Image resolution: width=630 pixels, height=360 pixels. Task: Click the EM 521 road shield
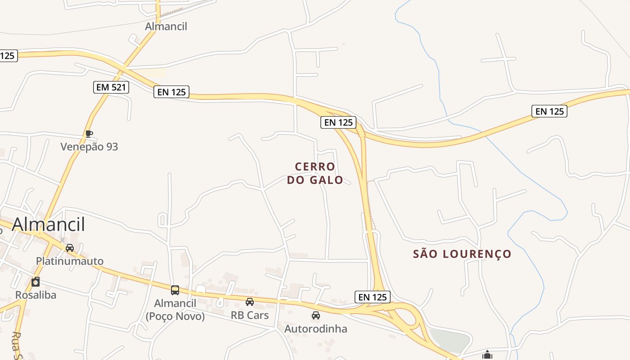111,87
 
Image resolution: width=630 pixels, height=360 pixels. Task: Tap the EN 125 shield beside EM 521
171,92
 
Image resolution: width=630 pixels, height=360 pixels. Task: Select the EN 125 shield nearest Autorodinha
372,297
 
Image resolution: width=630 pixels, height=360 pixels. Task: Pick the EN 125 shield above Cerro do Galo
338,122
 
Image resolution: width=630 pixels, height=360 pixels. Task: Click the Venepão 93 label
89,147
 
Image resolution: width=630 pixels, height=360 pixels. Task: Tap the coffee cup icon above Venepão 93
89,134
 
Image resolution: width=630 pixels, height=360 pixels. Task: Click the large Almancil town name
49,224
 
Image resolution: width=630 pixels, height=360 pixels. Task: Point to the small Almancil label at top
166,27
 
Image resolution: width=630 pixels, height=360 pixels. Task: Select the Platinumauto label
70,261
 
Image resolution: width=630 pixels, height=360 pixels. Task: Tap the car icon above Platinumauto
70,248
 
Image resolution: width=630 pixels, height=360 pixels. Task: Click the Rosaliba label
35,295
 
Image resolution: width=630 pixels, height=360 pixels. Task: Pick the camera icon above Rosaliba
36,282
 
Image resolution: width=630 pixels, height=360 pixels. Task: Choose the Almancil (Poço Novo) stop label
175,310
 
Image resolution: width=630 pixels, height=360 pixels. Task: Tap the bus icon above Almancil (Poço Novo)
175,290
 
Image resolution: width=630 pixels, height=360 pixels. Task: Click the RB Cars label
250,315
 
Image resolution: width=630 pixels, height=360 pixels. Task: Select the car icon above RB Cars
250,302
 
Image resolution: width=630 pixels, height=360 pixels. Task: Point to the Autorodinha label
316,328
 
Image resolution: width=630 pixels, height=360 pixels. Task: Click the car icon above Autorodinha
316,315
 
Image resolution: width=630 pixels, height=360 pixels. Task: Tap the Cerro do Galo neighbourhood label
315,173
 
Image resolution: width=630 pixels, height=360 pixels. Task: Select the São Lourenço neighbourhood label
462,254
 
